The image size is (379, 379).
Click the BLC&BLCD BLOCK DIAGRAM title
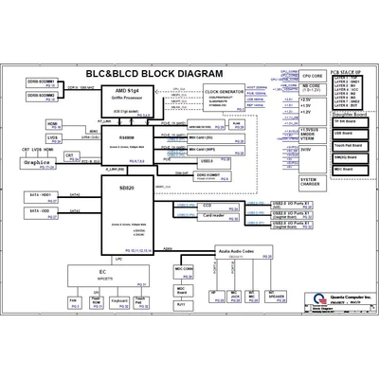pyautogui.click(x=153, y=73)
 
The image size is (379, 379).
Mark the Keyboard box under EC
pyautogui.click(x=119, y=303)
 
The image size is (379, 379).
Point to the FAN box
pyautogui.click(x=73, y=303)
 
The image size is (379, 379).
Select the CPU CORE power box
pyautogui.click(x=312, y=74)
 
